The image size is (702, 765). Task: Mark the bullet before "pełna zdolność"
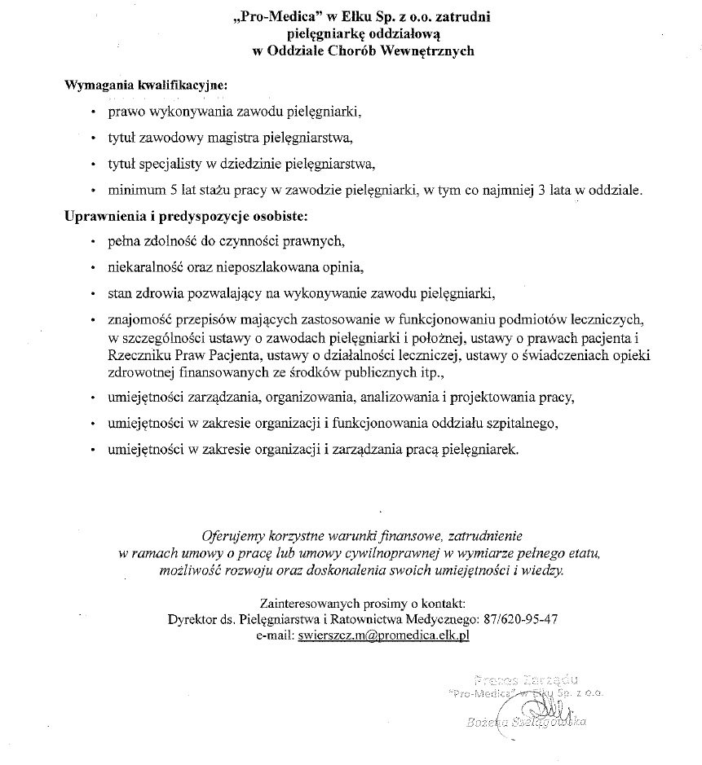pyautogui.click(x=95, y=241)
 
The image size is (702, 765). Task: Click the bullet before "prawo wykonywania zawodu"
pyautogui.click(x=95, y=111)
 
